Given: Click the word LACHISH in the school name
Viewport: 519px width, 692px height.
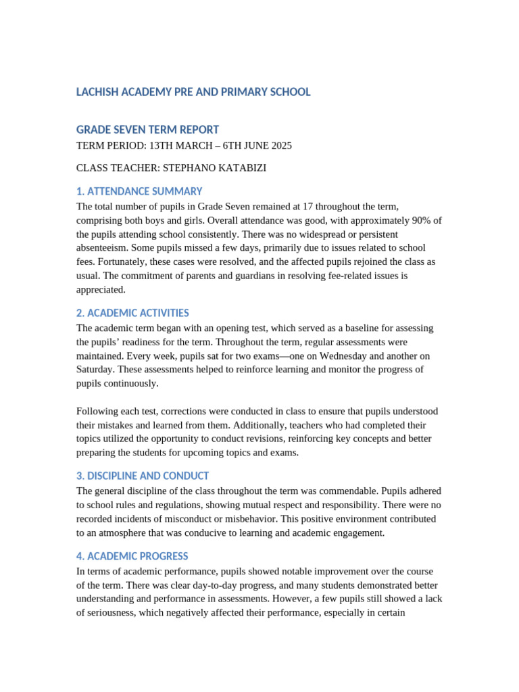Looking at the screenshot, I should click(98, 92).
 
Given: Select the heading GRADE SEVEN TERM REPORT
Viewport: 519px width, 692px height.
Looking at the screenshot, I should click(147, 130).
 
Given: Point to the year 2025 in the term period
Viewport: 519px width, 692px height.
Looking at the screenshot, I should click(280, 145).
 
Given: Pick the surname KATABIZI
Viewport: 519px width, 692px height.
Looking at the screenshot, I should click(243, 168).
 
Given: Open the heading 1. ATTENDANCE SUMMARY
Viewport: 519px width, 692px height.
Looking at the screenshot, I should click(139, 191).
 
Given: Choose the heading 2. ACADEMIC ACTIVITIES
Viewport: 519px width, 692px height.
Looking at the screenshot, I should click(132, 313).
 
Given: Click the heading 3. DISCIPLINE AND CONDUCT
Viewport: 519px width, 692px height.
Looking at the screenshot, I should click(143, 476).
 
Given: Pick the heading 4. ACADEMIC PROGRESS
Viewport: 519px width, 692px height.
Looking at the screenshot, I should click(132, 556).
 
